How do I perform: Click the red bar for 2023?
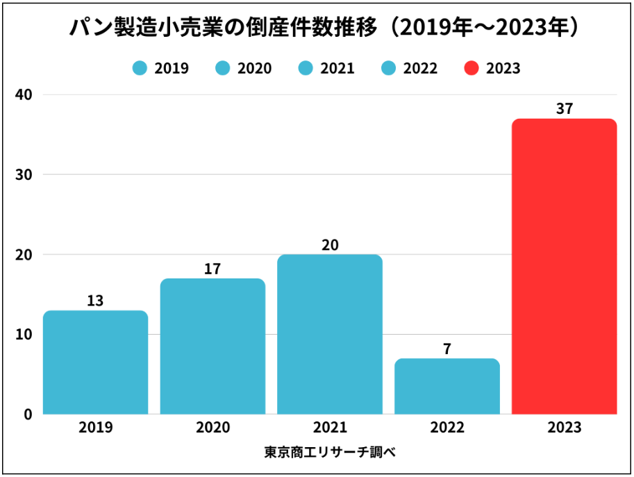(x=564, y=267)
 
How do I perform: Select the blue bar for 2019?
(x=95, y=362)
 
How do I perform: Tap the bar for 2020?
(x=212, y=346)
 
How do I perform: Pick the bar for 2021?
(x=330, y=335)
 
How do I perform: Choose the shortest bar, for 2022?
(x=447, y=387)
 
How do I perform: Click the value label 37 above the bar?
(x=564, y=109)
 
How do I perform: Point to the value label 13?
(x=95, y=301)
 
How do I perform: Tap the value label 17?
(x=212, y=269)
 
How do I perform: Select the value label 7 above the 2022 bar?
(x=447, y=349)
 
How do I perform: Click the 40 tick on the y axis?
(x=24, y=94)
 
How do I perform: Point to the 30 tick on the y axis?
(x=24, y=174)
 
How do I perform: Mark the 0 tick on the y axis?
(x=28, y=415)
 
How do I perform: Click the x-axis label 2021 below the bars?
(x=330, y=427)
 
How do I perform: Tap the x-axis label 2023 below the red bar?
(x=564, y=427)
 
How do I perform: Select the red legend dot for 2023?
(x=472, y=68)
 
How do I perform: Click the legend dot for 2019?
(x=140, y=68)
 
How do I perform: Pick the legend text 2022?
(x=420, y=68)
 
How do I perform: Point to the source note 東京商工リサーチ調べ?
(x=330, y=452)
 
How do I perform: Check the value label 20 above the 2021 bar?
(x=330, y=244)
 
